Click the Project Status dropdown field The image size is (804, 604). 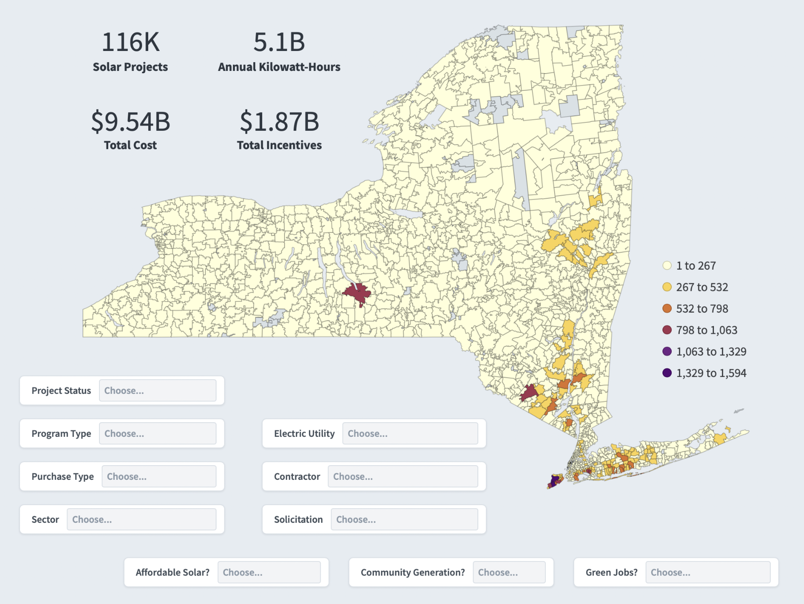coord(158,390)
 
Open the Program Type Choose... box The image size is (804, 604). coord(158,433)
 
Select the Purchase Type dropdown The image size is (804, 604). coord(159,476)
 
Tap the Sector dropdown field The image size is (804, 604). coord(142,519)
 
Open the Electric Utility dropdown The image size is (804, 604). coord(410,433)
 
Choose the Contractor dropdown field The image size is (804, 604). coord(403,476)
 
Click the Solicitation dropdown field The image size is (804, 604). coord(404,519)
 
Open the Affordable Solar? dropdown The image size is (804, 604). coord(269,572)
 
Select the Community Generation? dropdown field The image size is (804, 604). coord(509,572)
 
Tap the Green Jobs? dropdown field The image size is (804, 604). coord(708,572)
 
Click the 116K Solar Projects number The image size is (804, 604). coord(130,42)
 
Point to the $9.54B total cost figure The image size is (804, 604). coord(130,122)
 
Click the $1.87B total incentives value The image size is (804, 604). coord(280,122)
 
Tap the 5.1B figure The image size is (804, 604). coord(279,42)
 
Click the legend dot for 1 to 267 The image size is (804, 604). coord(667,266)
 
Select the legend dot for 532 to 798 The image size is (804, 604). coord(667,309)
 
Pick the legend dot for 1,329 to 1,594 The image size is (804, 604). coord(667,373)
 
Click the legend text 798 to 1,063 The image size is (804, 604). coord(707,330)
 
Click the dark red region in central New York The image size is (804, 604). coord(357,294)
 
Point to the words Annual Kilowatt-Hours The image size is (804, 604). coord(279,67)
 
